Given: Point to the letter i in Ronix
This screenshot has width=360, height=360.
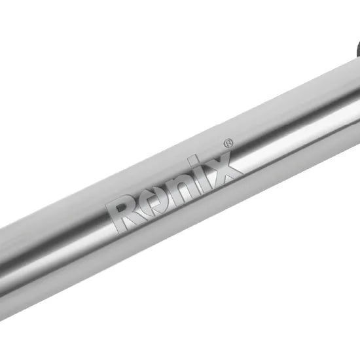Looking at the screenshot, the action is tap(198, 174).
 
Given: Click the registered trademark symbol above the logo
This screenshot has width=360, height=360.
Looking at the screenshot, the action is tap(228, 143).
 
